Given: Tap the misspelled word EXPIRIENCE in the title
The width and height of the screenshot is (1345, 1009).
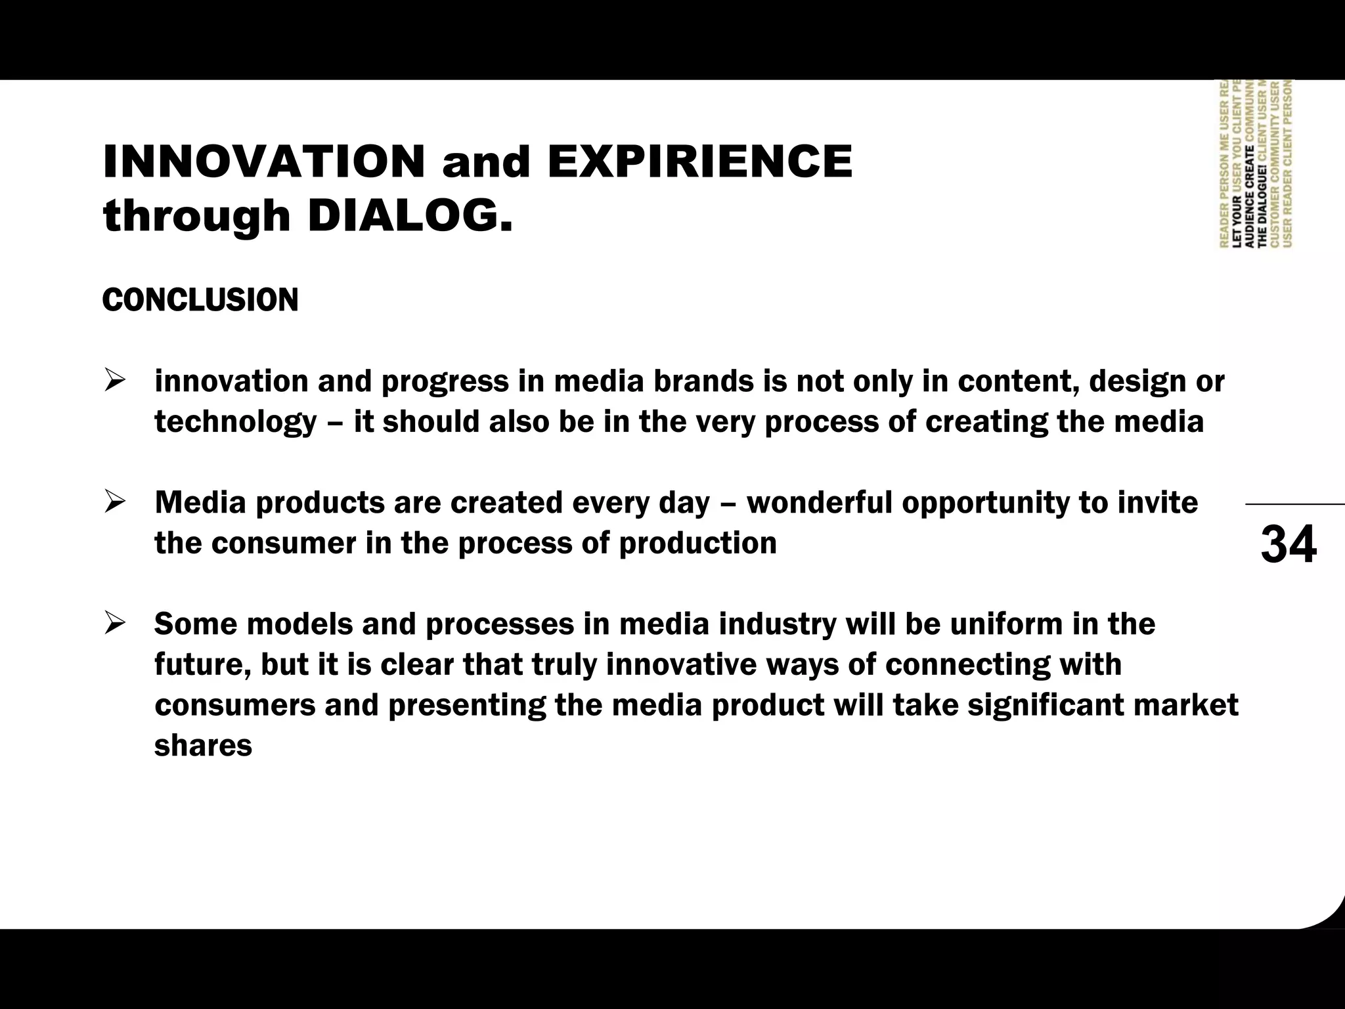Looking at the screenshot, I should [699, 161].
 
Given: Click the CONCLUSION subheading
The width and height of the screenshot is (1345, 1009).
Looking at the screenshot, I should [200, 300].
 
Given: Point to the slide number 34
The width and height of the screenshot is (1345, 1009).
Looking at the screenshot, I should [1288, 544].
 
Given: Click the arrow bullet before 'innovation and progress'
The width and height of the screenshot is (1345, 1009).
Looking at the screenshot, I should [114, 381].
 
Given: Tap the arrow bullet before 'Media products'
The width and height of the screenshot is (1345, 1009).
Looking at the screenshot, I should [114, 503].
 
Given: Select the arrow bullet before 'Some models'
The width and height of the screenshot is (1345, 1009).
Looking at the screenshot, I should [114, 624].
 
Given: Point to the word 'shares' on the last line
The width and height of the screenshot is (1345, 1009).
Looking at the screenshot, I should [203, 746].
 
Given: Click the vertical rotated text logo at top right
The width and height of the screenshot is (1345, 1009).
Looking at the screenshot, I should [1255, 164].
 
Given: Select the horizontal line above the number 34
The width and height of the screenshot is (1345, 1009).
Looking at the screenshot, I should [1294, 504].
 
